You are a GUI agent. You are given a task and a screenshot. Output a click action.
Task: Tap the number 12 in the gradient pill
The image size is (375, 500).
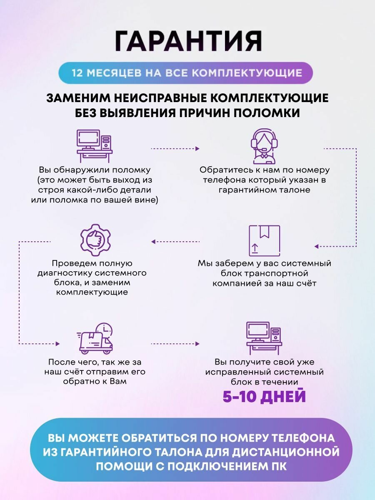click(77, 73)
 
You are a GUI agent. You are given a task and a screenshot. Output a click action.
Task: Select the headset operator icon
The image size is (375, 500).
click(264, 146)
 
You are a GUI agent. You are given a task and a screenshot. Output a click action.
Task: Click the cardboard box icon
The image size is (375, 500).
click(264, 240)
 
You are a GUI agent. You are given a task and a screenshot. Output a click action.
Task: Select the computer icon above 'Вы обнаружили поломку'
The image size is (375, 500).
click(94, 145)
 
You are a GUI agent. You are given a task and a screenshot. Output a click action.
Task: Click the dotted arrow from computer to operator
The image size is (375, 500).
click(175, 148)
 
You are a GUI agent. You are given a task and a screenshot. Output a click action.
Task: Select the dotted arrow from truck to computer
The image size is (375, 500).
click(175, 344)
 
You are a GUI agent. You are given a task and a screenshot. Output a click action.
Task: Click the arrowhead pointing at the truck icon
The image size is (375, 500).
click(57, 344)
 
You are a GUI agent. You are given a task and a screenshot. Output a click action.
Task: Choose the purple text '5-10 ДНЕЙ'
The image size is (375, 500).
click(264, 396)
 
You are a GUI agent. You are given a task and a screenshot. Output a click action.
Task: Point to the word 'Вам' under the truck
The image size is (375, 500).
click(117, 381)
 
